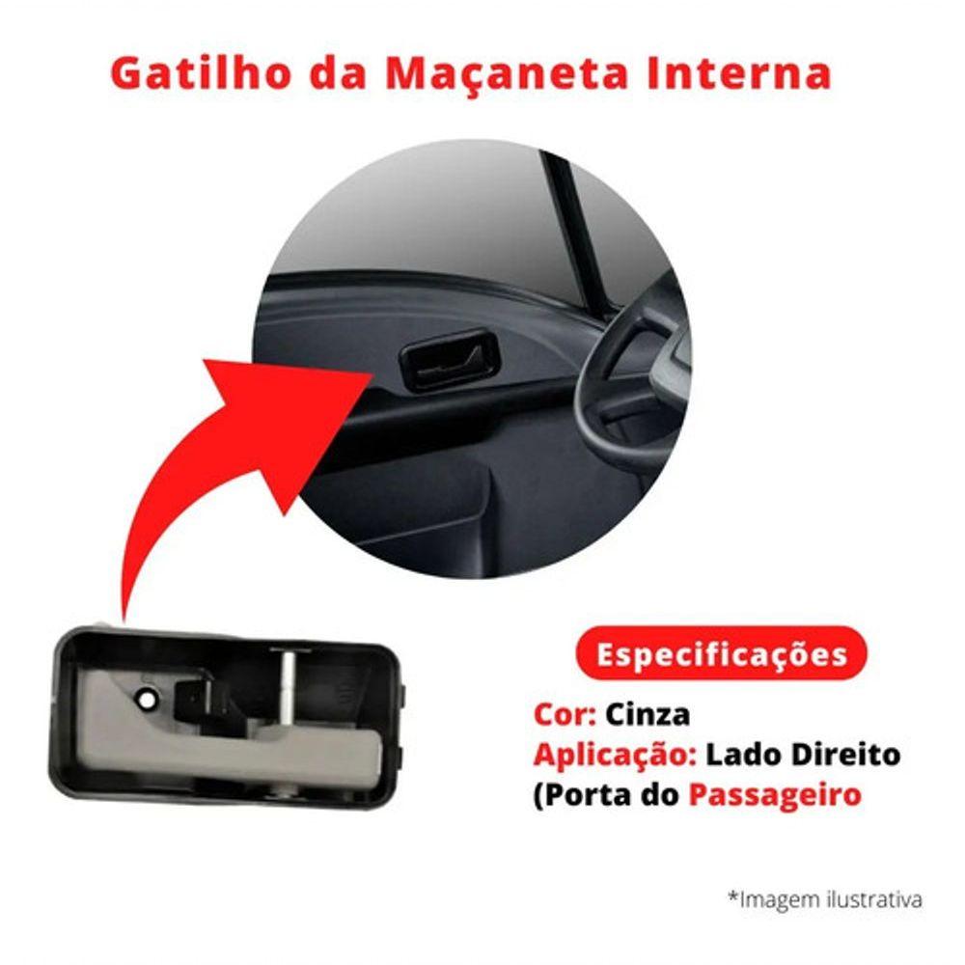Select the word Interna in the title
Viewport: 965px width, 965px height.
click(x=738, y=73)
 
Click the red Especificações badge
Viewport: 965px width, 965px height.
click(x=721, y=653)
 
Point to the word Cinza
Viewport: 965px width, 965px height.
click(x=647, y=715)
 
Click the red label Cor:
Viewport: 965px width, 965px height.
click(x=565, y=715)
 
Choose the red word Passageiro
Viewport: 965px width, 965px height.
click(x=774, y=795)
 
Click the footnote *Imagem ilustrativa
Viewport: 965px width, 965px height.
click(x=825, y=899)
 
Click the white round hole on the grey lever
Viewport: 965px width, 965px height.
click(x=147, y=700)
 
